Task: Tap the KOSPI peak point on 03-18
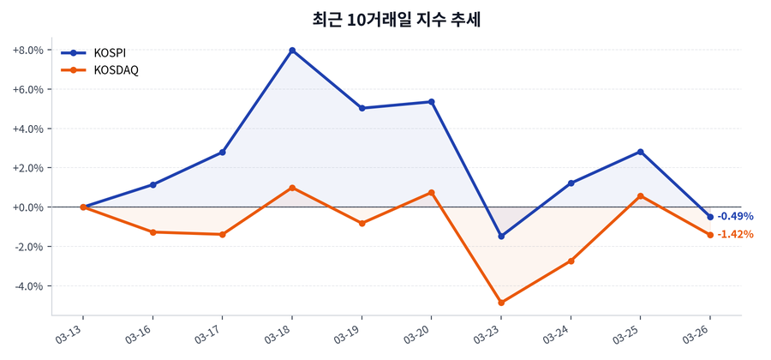coord(292,51)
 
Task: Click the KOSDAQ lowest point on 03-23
coord(501,303)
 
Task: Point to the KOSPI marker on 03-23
coord(501,236)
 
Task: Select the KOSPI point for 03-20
coord(432,102)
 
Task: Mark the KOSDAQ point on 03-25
coord(640,196)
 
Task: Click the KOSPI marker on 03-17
coord(223,153)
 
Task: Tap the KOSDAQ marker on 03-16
coord(153,232)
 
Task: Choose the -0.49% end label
coord(735,216)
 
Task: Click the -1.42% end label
coord(735,234)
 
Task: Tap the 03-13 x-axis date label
coord(71,333)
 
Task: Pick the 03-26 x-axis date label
coord(697,333)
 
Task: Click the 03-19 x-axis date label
coord(350,333)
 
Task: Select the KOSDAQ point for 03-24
coord(571,261)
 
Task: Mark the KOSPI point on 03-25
coord(640,152)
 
